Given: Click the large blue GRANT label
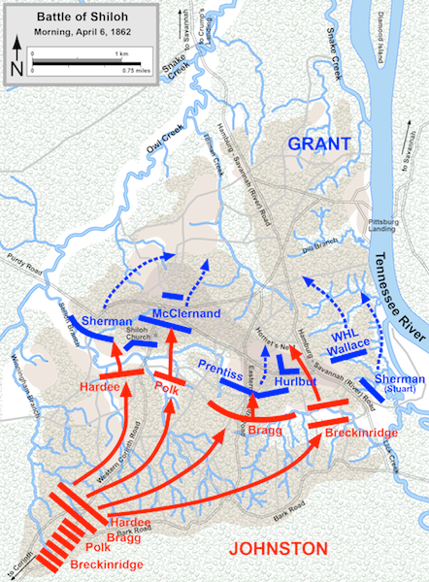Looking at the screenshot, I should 318,145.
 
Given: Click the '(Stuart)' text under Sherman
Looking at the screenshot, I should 397,390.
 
